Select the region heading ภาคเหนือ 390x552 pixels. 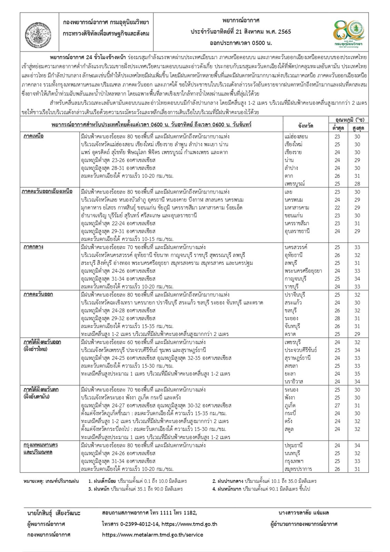33,136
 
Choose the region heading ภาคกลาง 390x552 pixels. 33,247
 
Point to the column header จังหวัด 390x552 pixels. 306,126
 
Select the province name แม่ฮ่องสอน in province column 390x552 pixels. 296,136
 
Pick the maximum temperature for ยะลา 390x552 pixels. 357,374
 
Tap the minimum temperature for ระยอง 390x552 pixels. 337,318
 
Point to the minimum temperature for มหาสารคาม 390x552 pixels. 337,208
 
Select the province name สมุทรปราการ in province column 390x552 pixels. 298,469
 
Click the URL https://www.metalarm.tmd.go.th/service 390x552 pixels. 153,535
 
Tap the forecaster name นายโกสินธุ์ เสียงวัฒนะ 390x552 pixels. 53,513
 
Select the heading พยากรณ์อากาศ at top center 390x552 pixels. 241,21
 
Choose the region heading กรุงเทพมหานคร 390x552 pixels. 41,445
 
